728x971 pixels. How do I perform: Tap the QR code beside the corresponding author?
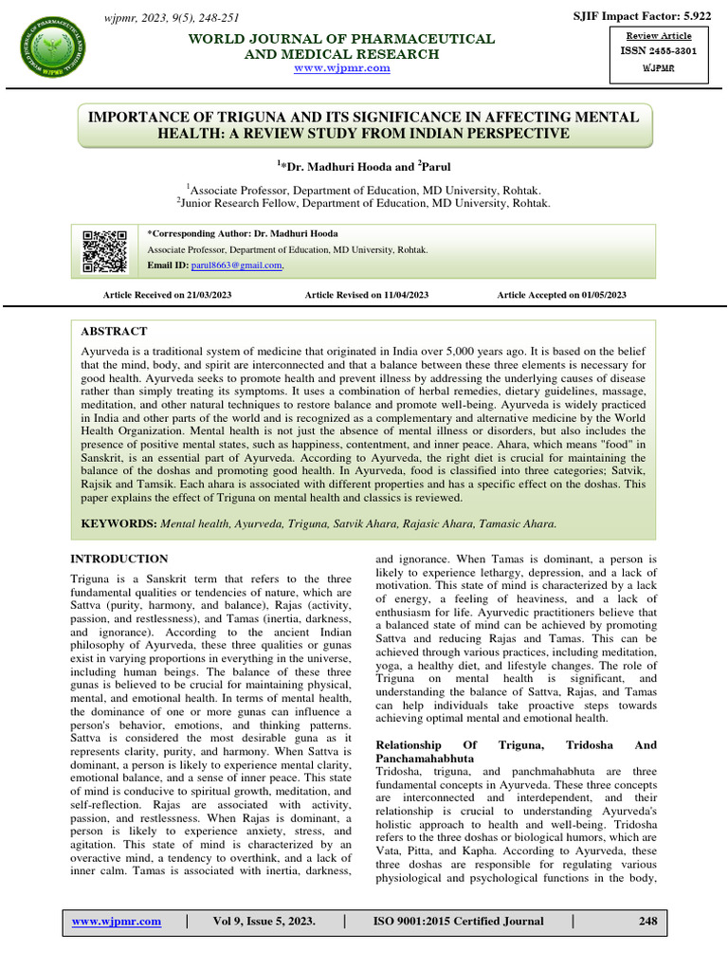(x=105, y=250)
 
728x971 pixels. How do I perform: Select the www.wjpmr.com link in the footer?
(x=112, y=921)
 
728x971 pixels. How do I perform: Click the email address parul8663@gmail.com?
(x=238, y=266)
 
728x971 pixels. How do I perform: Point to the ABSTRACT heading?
(x=114, y=331)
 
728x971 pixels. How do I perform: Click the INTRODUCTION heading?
(x=120, y=559)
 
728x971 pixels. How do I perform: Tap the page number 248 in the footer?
(x=647, y=921)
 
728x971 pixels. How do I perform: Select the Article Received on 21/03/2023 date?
(x=167, y=295)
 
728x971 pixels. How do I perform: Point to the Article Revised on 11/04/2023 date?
(x=366, y=295)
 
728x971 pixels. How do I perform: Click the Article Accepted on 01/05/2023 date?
(x=561, y=295)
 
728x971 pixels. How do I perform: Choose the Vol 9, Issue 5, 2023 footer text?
(x=264, y=921)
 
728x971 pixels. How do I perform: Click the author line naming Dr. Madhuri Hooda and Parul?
(x=364, y=164)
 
